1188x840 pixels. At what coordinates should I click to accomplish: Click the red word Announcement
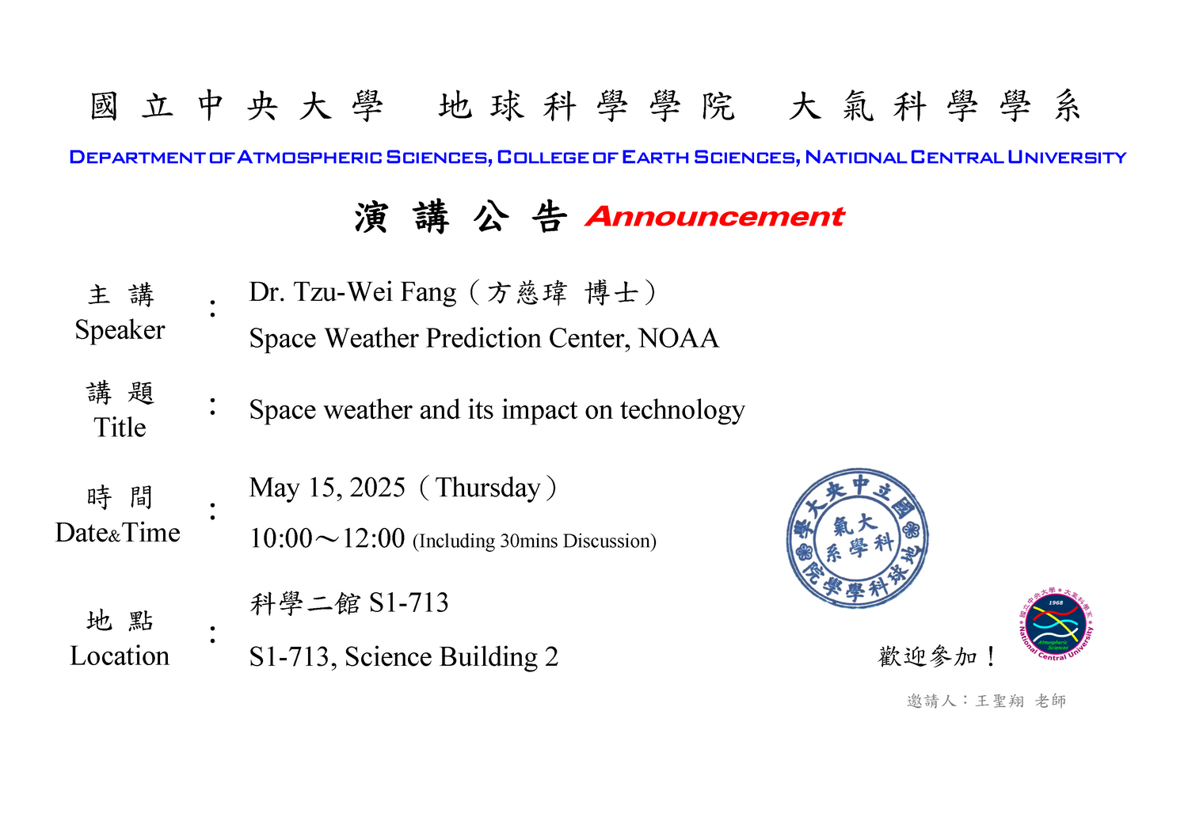coord(714,217)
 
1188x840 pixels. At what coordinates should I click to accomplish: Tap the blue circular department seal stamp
coord(857,538)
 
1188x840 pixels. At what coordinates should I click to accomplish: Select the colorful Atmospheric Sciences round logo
coord(1056,624)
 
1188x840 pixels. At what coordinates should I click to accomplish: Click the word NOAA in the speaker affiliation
coord(678,338)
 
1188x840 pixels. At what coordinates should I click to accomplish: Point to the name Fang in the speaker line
coord(428,293)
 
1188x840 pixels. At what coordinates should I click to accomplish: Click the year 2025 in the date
coord(377,488)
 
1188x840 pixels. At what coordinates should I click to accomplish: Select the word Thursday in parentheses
coord(487,488)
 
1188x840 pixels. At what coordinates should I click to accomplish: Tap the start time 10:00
coord(281,538)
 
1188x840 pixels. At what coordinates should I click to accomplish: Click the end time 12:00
coord(373,538)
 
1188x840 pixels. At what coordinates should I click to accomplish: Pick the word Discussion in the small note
coord(606,541)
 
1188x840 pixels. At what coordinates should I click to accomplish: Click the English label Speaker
coord(120,330)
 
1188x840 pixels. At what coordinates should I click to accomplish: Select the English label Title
coord(120,428)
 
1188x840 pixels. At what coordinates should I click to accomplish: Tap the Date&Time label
coord(118,533)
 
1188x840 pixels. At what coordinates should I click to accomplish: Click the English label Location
coord(120,656)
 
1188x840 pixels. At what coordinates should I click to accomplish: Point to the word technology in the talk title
coord(683,410)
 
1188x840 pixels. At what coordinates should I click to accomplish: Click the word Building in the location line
coord(489,658)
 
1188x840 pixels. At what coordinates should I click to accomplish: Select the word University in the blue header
coord(1067,157)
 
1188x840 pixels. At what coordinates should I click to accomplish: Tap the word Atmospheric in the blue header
coord(309,157)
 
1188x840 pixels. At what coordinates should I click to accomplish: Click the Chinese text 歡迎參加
coord(927,656)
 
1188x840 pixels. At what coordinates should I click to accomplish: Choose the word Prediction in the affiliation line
coord(484,338)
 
